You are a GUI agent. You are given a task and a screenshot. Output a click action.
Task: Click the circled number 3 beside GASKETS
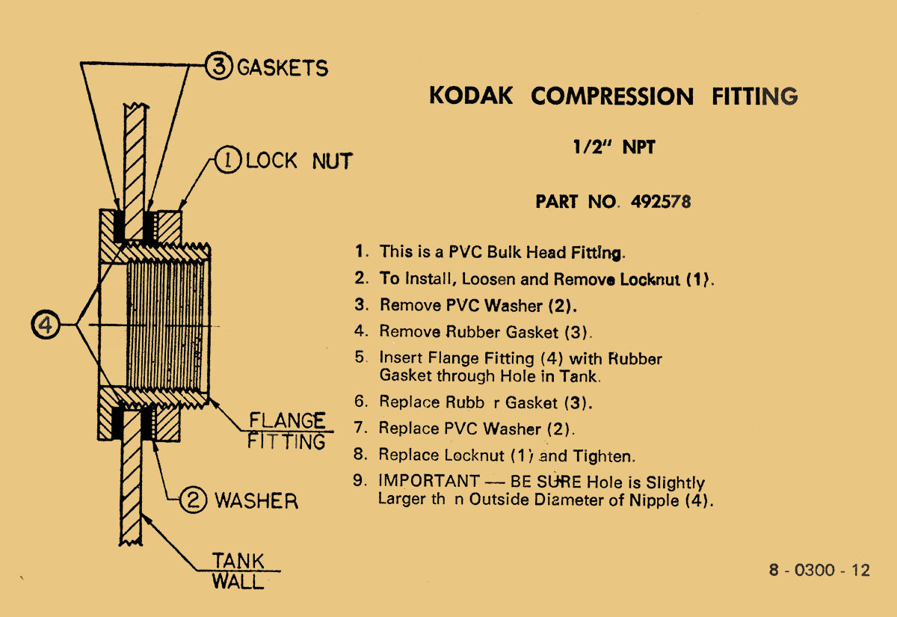(219, 67)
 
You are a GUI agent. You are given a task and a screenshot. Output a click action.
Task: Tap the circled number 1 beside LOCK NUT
(228, 161)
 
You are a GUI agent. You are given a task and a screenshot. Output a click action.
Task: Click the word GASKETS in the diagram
(283, 68)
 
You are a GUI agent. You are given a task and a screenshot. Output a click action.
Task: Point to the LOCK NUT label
(299, 161)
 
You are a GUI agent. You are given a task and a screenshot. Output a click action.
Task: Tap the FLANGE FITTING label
(287, 430)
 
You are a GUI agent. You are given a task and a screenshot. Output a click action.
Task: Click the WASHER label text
(256, 500)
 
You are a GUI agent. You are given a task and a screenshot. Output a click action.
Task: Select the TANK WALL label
(238, 571)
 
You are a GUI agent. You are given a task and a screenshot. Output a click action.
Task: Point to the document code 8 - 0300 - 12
(819, 570)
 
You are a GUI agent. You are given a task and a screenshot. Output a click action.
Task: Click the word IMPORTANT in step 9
(429, 482)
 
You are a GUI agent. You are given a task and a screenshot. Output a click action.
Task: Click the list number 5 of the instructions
(360, 357)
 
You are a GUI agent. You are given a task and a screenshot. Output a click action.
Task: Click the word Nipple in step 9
(656, 500)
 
